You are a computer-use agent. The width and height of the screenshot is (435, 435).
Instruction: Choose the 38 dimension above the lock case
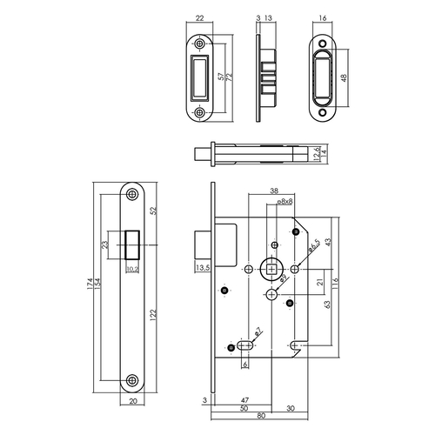click(x=274, y=191)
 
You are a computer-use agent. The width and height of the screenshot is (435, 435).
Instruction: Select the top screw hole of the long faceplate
click(x=133, y=194)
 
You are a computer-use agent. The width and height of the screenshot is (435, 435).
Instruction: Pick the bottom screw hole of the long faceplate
click(x=133, y=379)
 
